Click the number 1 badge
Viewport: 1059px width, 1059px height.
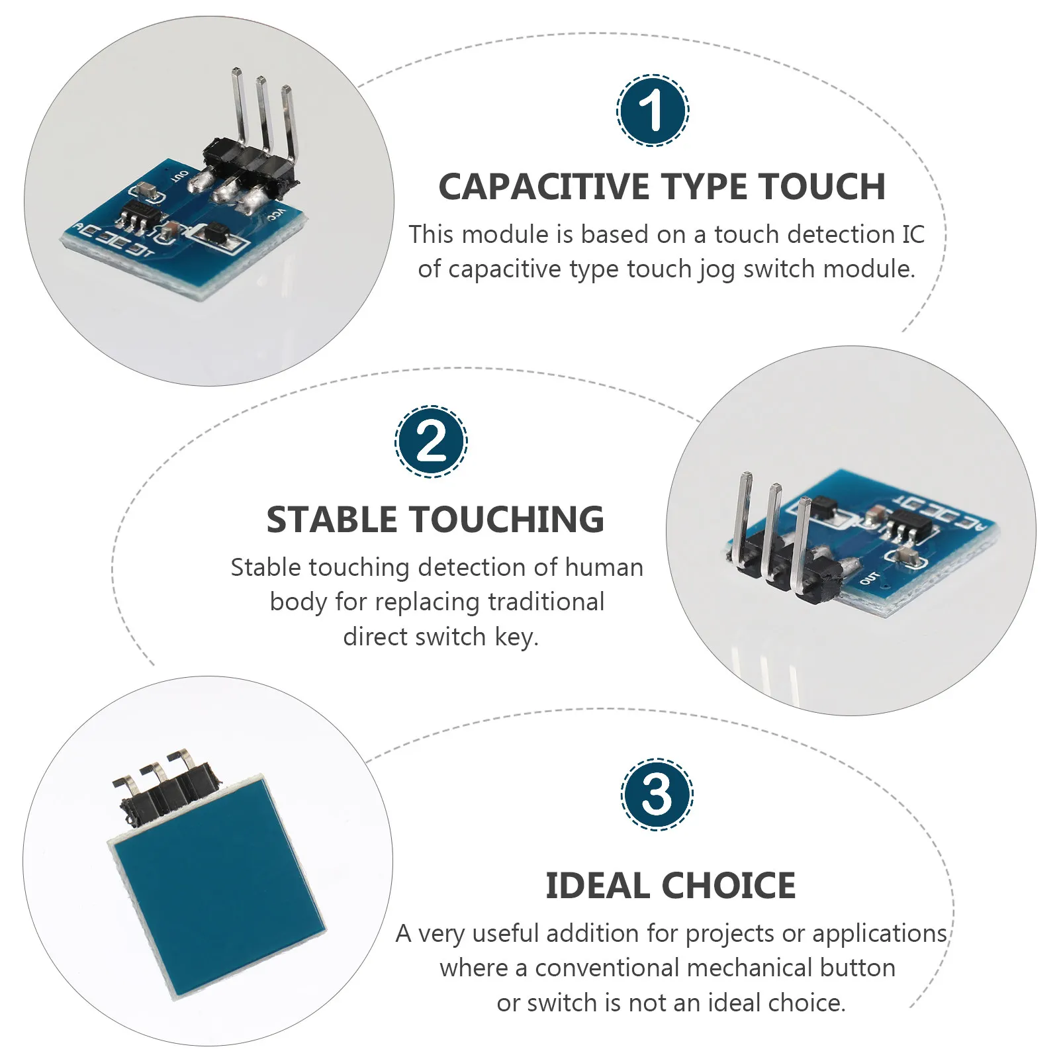(653, 111)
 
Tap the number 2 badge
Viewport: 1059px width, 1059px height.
(431, 441)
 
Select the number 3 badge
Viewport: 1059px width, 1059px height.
(657, 794)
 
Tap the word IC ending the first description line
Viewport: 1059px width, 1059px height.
(913, 234)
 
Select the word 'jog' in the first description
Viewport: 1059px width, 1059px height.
(716, 269)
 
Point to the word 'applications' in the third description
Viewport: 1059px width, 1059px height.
(879, 933)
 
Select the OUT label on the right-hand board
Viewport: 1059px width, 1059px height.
(868, 577)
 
